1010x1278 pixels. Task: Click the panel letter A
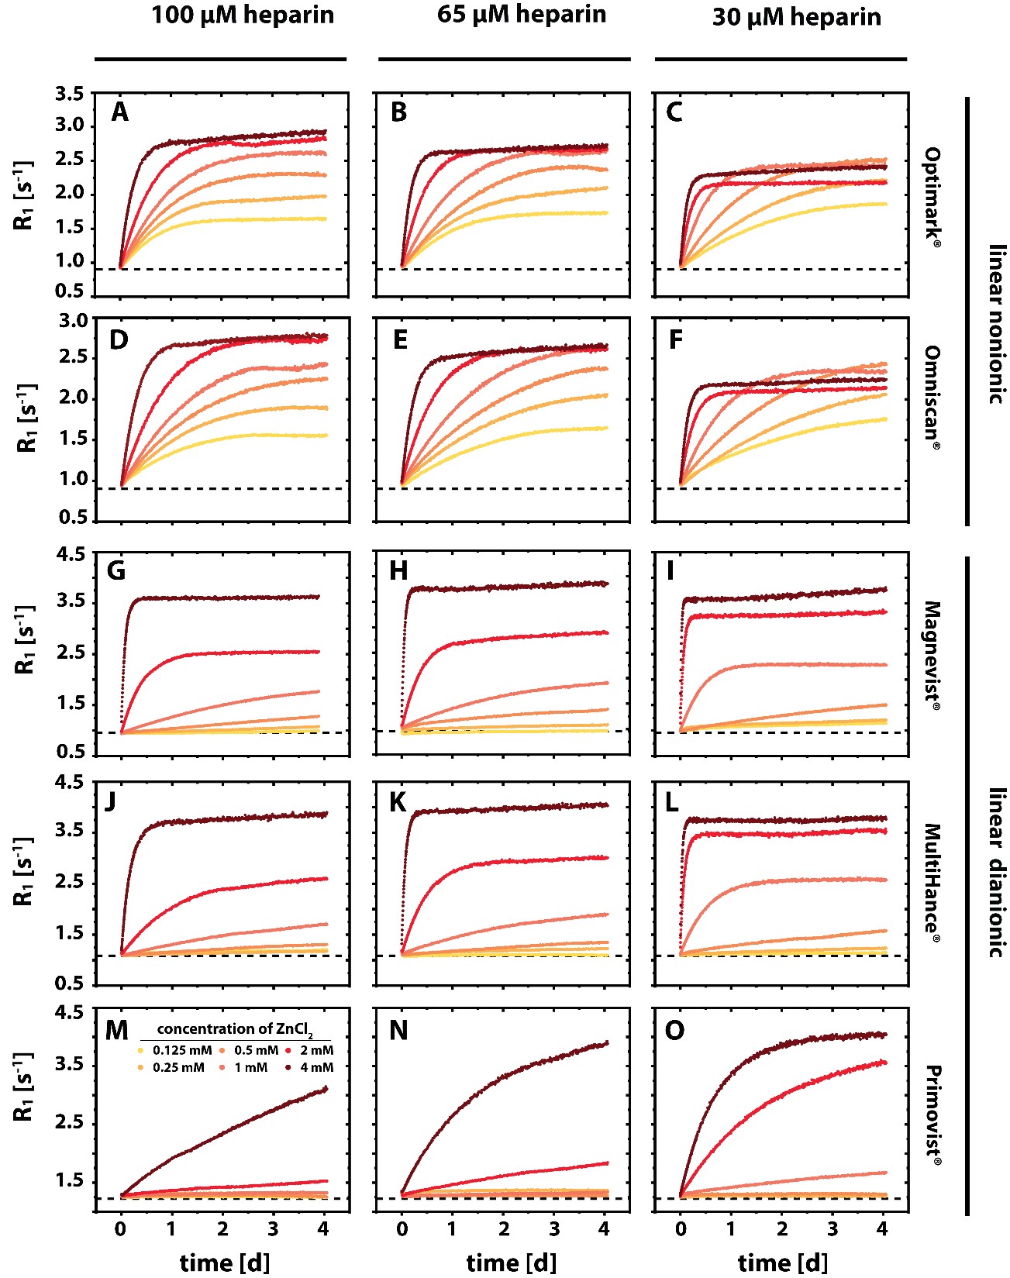pyautogui.click(x=119, y=112)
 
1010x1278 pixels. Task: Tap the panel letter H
pyautogui.click(x=398, y=571)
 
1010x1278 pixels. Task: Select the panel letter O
pyautogui.click(x=674, y=1031)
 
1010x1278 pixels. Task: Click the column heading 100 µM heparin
pyautogui.click(x=243, y=16)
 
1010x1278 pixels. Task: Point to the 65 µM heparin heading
pyautogui.click(x=521, y=14)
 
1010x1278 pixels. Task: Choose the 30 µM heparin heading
pyautogui.click(x=796, y=17)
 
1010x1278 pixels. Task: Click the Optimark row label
pyautogui.click(x=932, y=197)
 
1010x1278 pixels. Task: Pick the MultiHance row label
pyautogui.click(x=932, y=883)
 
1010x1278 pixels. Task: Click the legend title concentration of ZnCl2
pyautogui.click(x=235, y=1029)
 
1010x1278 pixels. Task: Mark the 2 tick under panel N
pyautogui.click(x=504, y=1228)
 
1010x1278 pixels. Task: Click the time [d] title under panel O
pyautogui.click(x=782, y=1262)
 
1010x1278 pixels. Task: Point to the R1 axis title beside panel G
pyautogui.click(x=26, y=639)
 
